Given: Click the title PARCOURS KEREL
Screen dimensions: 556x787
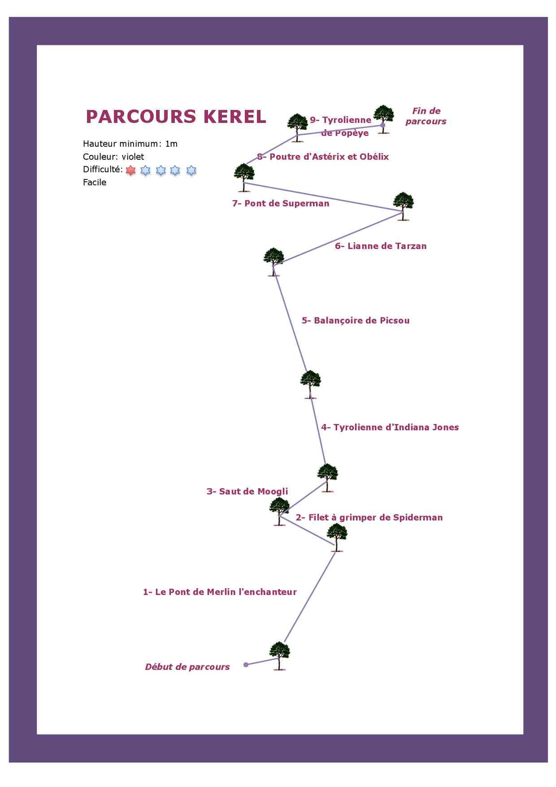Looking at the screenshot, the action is [176, 117].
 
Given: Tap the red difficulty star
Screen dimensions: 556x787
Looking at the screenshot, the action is [130, 170].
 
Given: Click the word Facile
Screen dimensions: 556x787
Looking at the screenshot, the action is [95, 182].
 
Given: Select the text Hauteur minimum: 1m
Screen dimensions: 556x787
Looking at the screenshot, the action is [130, 144].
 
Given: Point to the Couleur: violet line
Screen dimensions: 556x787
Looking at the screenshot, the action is [113, 157].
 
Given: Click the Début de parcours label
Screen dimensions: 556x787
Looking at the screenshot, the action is [187, 667].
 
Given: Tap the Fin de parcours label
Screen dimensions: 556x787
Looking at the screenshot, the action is [426, 116].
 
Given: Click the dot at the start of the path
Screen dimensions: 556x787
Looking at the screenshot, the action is [246, 665].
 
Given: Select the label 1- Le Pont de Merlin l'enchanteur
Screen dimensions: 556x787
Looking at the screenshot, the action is [220, 592].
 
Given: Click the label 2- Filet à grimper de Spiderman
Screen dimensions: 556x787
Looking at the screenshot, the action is [369, 517].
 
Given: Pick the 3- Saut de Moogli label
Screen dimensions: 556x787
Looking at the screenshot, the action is [247, 491].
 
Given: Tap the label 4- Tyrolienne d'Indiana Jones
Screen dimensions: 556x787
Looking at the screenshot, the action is [390, 427].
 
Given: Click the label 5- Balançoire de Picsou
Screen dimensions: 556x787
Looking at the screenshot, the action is [356, 320].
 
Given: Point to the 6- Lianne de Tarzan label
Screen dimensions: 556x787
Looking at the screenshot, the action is [381, 246].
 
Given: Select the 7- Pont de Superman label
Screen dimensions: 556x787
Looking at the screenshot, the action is [281, 203].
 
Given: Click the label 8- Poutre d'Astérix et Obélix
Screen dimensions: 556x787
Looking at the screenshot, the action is [323, 157].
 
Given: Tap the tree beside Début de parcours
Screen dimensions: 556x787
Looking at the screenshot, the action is [279, 656].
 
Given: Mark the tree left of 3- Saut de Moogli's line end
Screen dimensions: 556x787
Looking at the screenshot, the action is [279, 512].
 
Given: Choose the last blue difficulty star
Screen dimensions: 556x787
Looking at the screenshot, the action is [191, 170].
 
